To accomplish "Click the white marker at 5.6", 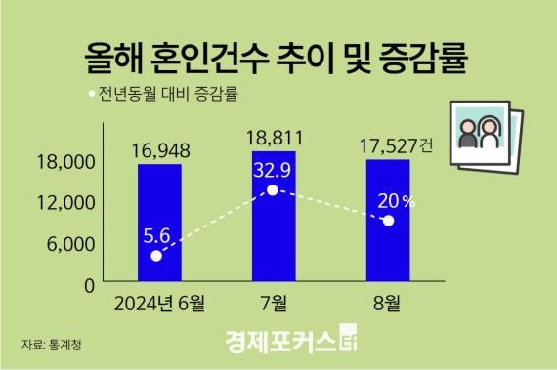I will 158,256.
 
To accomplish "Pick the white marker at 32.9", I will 273,189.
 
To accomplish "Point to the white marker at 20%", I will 388,221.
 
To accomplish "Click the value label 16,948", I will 158,150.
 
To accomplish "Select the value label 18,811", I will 273,137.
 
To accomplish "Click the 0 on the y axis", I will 87,285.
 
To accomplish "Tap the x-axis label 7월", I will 273,302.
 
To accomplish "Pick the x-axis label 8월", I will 388,302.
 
